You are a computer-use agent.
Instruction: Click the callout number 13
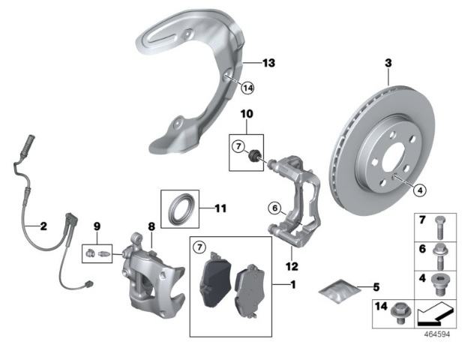pos(269,62)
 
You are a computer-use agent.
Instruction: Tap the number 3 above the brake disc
pos(388,64)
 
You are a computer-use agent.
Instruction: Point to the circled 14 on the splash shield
pos(248,88)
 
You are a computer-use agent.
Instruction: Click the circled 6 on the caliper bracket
pos(274,208)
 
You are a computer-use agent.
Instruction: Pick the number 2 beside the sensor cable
pos(43,224)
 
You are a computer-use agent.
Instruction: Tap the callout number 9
pos(96,225)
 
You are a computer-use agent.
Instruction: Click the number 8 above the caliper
pos(151,225)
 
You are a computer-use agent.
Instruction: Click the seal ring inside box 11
pos(179,206)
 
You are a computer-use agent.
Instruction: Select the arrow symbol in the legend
pos(432,311)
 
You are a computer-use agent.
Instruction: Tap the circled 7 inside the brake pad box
pos(199,247)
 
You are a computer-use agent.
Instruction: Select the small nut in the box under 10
pos(255,155)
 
